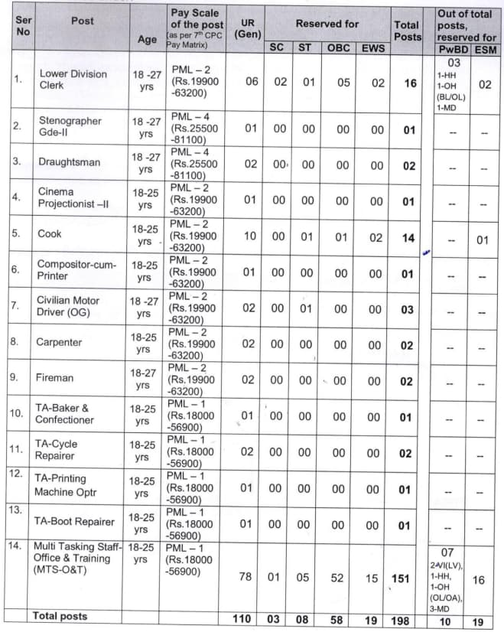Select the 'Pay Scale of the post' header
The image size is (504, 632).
197,26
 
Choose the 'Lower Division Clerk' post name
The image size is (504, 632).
73,80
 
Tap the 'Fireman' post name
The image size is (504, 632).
56,378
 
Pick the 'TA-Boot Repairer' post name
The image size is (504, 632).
74,521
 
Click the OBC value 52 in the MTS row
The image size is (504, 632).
339,577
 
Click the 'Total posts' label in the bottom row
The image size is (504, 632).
60,616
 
